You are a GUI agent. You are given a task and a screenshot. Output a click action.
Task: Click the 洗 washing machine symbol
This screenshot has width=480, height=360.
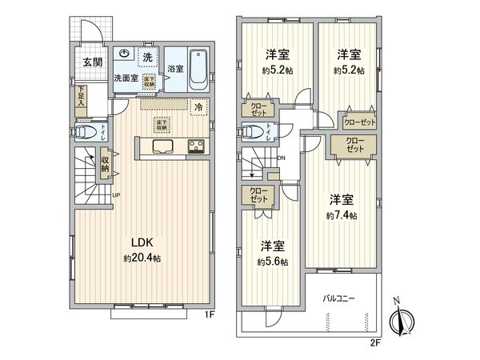pos(148,57)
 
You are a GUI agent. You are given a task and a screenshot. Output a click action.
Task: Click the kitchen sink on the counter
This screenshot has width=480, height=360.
pos(161,146)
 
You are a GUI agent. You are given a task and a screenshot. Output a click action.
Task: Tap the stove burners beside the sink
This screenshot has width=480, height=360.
pos(195,146)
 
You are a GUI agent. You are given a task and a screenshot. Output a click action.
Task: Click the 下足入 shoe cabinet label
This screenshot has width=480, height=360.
pos(82,98)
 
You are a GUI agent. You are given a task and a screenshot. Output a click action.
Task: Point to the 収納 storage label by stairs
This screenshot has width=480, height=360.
pos(105,163)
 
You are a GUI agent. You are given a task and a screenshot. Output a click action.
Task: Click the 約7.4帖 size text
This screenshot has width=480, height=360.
pos(342,216)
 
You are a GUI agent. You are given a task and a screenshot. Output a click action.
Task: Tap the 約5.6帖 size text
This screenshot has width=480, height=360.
pos(273,261)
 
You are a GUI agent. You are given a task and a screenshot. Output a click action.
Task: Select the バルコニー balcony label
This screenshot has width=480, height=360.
pos(339,299)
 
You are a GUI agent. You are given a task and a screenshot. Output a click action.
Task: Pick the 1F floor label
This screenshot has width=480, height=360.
pos(209,315)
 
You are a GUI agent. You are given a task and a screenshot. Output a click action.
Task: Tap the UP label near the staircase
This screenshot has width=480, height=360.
pos(117,195)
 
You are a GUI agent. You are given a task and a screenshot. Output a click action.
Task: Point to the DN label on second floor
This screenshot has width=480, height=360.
pos(281,158)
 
